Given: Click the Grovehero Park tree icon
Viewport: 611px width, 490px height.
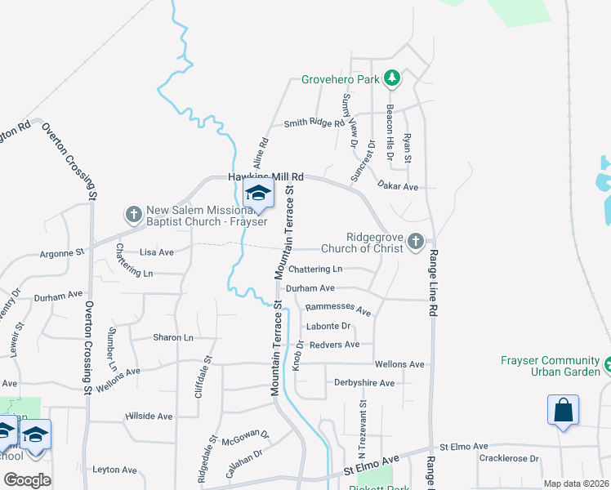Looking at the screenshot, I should [393, 78].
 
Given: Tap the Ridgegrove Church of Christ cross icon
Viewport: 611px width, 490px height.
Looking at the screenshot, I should [416, 241].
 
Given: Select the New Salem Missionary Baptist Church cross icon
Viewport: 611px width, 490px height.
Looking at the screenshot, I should [133, 214].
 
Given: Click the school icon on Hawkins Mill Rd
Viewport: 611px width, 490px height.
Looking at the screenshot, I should [257, 194].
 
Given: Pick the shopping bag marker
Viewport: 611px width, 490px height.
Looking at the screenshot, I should [564, 409].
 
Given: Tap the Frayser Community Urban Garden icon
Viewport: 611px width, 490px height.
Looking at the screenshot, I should [608, 362].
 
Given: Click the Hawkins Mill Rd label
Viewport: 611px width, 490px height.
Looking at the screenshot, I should [265, 176].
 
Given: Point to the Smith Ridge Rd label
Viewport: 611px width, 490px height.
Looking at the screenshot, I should [314, 123].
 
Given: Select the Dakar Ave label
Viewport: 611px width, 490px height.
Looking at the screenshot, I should [398, 187].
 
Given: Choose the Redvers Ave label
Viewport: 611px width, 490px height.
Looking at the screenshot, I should [334, 345].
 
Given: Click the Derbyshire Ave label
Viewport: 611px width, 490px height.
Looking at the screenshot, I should [364, 382].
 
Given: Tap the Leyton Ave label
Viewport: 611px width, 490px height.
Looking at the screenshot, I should [114, 470].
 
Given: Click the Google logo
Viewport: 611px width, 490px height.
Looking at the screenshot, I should [26, 479].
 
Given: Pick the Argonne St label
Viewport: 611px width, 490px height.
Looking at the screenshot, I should [62, 254].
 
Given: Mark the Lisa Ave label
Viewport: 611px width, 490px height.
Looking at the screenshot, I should [157, 252].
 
